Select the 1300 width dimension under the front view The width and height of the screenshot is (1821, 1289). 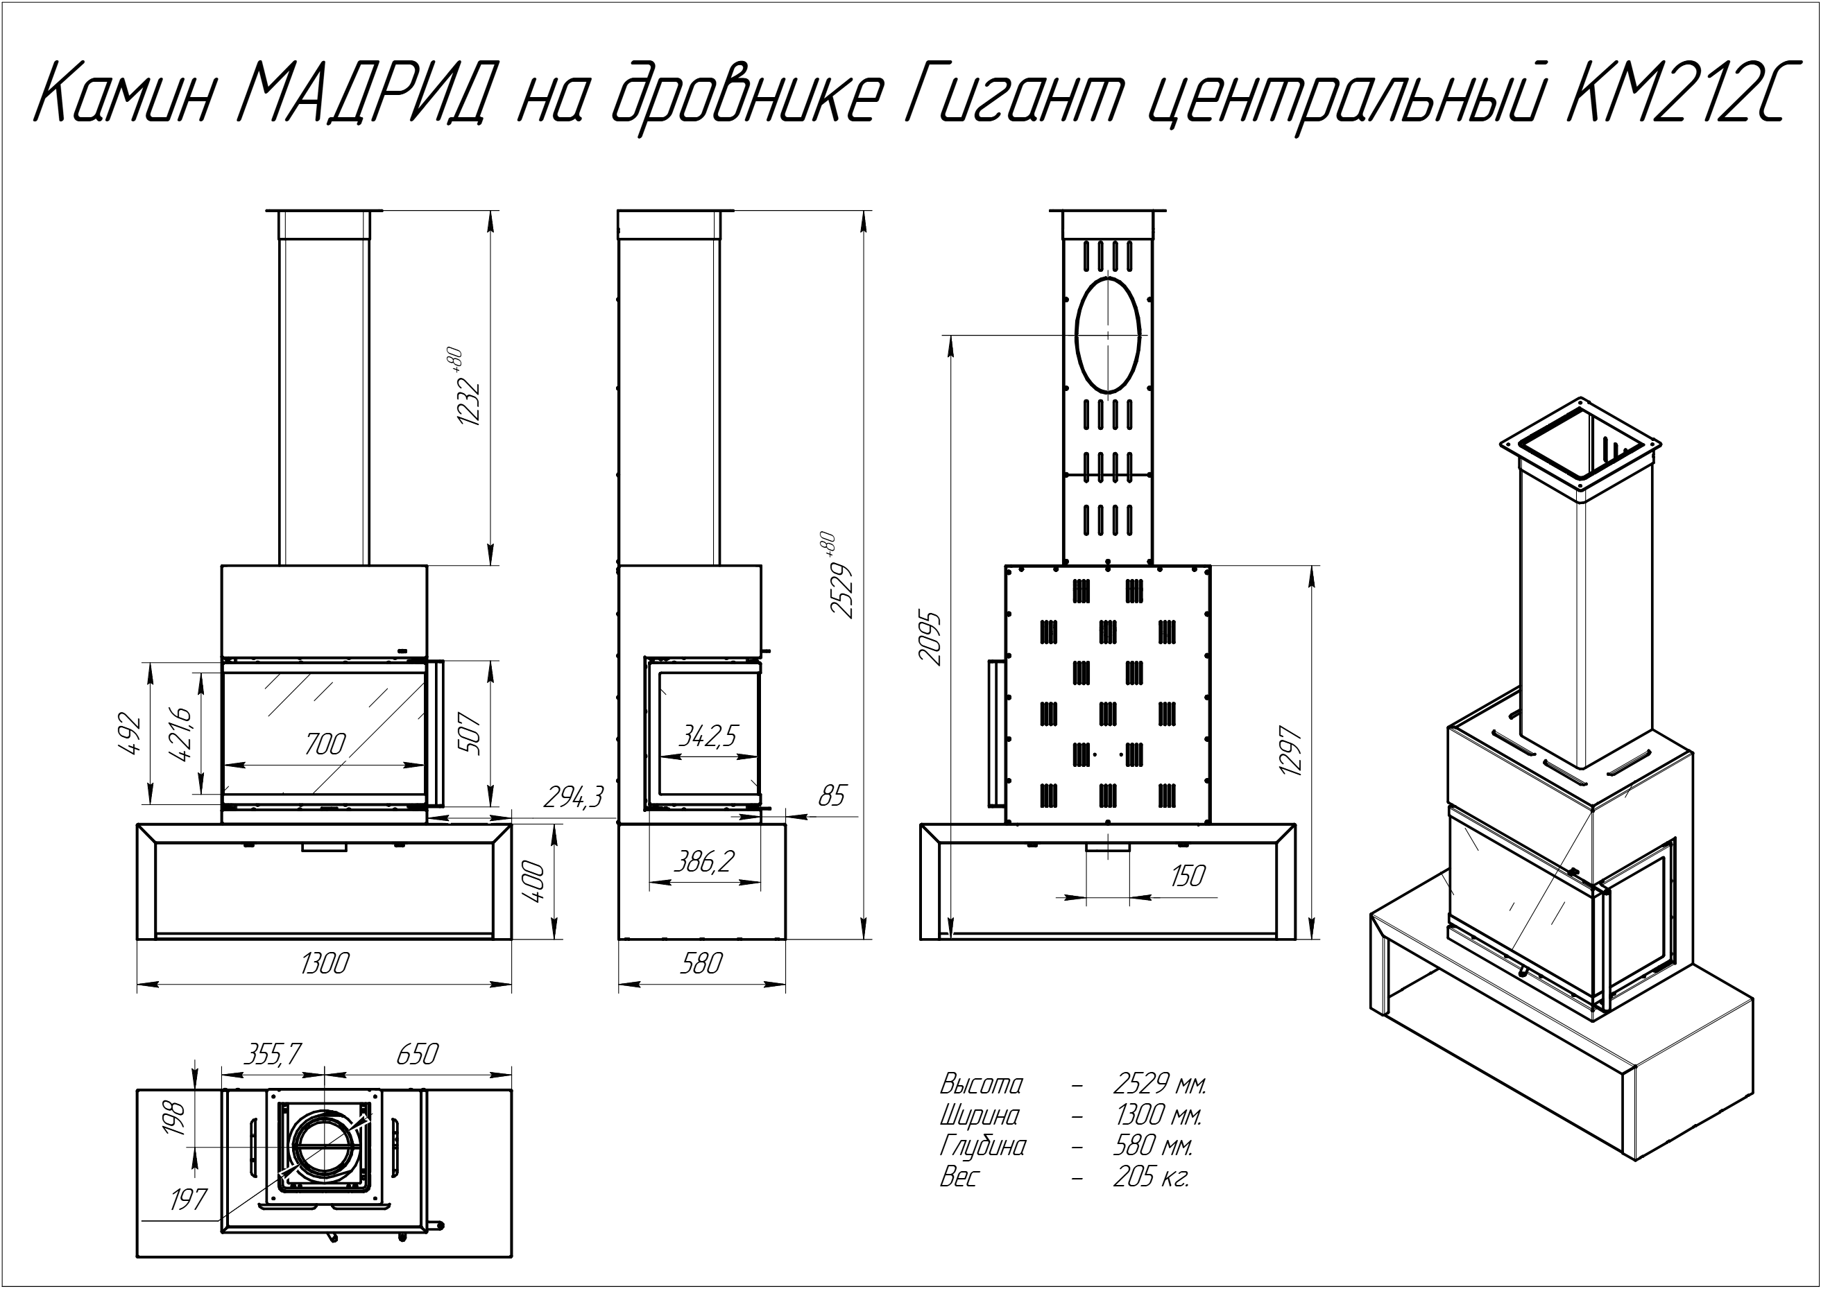(325, 964)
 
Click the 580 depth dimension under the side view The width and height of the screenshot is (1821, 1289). (701, 964)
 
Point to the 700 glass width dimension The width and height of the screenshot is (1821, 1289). (325, 744)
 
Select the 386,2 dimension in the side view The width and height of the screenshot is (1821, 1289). (703, 861)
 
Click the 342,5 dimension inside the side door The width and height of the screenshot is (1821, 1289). (707, 736)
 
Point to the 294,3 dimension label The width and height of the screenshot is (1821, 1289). (574, 796)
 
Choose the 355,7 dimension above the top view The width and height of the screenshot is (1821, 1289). (272, 1054)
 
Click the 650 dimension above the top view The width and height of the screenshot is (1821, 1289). (416, 1054)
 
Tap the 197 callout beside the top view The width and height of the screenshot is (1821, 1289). (189, 1200)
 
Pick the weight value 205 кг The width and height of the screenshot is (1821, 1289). (1151, 1178)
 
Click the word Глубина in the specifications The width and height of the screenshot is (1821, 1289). (982, 1148)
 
